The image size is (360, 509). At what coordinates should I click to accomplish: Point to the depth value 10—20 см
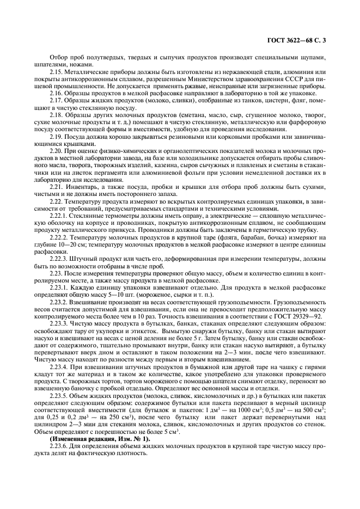click(x=73, y=243)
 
